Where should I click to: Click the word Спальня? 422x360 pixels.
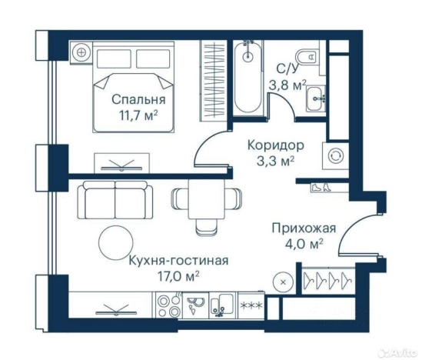point(138,99)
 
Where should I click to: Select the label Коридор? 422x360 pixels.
point(274,144)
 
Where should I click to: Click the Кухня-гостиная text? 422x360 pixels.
point(178,259)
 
